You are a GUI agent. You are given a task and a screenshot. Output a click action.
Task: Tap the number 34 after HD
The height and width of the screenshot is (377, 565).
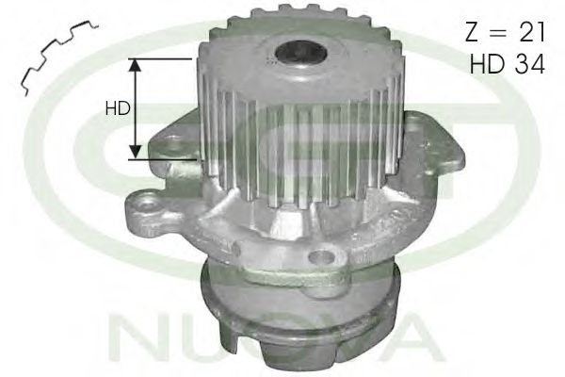529,63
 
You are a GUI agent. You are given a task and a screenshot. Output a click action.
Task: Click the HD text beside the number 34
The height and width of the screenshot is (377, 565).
488,63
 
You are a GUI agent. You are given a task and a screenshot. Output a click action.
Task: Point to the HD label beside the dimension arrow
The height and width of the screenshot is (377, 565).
118,108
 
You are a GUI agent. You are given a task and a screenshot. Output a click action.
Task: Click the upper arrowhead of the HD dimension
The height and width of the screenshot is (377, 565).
136,64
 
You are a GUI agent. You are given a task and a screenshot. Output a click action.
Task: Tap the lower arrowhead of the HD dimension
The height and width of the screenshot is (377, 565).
136,152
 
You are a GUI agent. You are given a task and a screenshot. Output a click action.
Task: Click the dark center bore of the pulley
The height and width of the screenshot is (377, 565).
301,54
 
